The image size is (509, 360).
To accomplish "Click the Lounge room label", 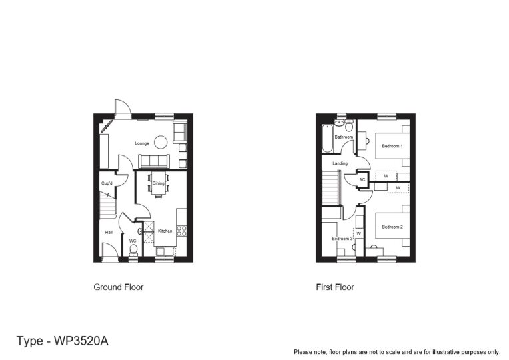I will click(141, 143).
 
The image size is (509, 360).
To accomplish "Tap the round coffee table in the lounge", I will click(161, 141).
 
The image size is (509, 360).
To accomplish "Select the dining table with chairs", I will click(158, 185).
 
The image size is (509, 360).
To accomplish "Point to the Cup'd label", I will click(107, 183).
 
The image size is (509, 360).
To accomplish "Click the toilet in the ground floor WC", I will click(133, 250).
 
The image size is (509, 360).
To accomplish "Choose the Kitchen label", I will click(165, 231).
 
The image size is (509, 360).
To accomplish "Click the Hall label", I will click(108, 232).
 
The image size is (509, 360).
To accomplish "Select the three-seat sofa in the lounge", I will click(153, 161).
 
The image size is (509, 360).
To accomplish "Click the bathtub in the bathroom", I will click(326, 139).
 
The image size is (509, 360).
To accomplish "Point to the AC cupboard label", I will click(362, 180).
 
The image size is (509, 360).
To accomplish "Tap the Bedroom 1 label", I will click(392, 145).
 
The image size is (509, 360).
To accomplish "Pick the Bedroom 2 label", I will click(392, 227).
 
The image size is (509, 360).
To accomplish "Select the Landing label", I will click(340, 164).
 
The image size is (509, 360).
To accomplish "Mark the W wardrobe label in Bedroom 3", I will click(358, 234).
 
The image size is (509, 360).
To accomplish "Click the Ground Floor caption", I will click(118, 287).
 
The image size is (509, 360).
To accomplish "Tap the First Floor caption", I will click(335, 287).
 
